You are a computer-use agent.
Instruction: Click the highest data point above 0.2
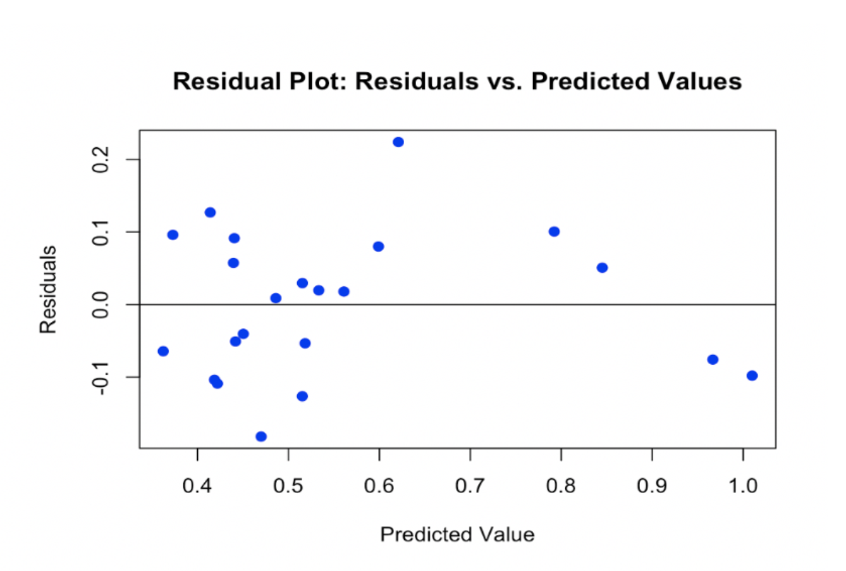pos(398,142)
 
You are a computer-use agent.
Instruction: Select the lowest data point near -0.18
pos(261,436)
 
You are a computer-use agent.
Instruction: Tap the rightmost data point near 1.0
pos(752,375)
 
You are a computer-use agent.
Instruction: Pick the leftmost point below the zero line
pos(163,351)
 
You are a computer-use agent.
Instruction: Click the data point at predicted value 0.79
pos(554,232)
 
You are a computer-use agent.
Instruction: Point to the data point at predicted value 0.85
pos(602,268)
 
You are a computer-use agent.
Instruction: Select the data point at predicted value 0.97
pos(713,360)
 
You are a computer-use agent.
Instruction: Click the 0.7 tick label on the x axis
pos(470,486)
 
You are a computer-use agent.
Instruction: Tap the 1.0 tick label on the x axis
pos(743,486)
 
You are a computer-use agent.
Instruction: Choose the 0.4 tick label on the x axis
pos(197,486)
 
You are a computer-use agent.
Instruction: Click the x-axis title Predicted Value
pos(457,535)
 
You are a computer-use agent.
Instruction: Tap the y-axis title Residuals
pos(48,289)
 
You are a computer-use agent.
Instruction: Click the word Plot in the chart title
pos(317,82)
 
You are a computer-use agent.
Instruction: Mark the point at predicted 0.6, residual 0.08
pos(378,246)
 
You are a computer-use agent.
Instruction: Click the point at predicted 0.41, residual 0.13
pos(210,212)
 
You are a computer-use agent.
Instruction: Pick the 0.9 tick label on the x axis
pos(652,486)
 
